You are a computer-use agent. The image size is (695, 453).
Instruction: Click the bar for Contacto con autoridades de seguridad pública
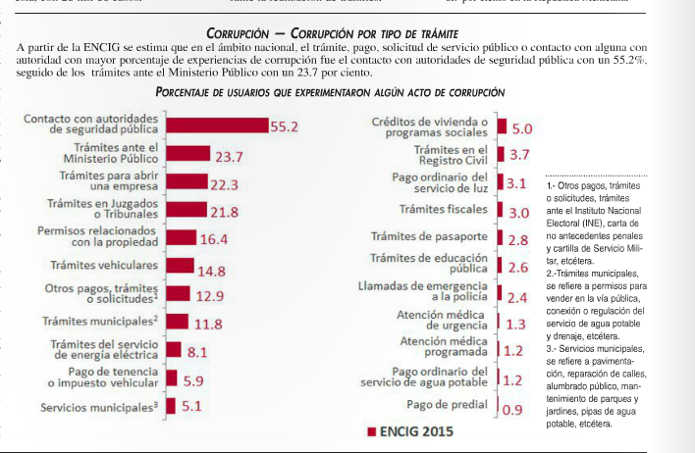click(217, 126)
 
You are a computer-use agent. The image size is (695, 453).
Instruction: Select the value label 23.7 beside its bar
click(229, 156)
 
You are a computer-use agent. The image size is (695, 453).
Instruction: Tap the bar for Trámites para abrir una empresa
click(187, 183)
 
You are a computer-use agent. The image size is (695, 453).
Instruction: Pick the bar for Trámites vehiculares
click(180, 265)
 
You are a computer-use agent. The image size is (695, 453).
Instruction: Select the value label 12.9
click(209, 295)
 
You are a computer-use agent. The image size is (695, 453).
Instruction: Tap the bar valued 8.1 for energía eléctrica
click(173, 349)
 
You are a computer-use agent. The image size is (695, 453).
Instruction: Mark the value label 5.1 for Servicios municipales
click(191, 405)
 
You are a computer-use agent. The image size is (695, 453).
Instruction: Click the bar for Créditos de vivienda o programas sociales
click(502, 127)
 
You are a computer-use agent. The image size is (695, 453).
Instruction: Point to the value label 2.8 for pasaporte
click(518, 239)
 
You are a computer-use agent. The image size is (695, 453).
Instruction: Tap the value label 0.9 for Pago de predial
click(511, 410)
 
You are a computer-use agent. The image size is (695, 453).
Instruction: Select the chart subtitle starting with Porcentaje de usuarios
click(330, 91)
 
